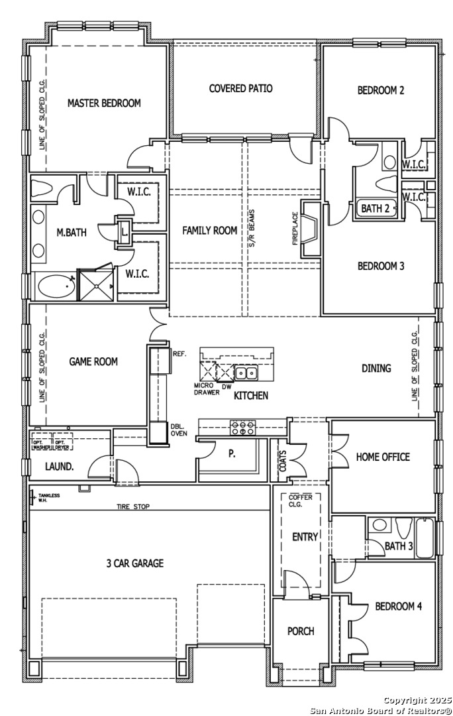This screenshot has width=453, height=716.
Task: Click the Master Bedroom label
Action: pos(104,103)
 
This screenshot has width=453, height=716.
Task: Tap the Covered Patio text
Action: pos(241,88)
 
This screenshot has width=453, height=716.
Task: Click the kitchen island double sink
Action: pos(246,373)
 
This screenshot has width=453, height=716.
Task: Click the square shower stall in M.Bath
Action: pos(96,285)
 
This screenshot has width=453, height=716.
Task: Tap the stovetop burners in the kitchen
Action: pos(243,428)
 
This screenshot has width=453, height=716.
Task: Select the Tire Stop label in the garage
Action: pos(133,507)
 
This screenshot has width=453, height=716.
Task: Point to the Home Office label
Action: pos(383,457)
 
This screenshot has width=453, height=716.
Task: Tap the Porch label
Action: pos(301,631)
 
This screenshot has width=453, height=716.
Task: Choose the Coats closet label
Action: pos(283,461)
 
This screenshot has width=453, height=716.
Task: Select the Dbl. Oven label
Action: pos(178,430)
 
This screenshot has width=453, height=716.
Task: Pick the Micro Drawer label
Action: pos(207,389)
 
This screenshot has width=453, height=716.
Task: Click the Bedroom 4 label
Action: pos(398,607)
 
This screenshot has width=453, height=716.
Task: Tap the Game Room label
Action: pos(93,362)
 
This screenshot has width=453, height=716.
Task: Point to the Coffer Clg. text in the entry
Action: pos(301,501)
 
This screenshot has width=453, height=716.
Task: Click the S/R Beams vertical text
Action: pos(252,229)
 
